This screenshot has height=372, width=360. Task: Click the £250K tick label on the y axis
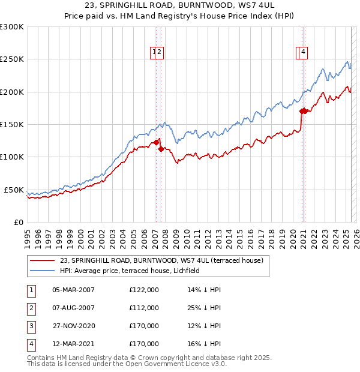(x=12, y=59)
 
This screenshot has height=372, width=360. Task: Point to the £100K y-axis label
(x=12, y=157)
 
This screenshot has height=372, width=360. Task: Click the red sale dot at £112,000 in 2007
(x=161, y=149)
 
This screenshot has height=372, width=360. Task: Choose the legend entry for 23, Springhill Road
(x=161, y=260)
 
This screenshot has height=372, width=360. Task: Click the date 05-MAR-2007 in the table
(x=73, y=290)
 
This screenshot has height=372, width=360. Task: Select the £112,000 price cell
(x=144, y=308)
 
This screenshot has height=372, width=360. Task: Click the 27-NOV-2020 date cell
(x=73, y=326)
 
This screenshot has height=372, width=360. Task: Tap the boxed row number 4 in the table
(x=31, y=344)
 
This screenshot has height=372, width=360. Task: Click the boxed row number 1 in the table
(x=31, y=290)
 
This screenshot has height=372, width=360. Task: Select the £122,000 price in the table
(x=144, y=290)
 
